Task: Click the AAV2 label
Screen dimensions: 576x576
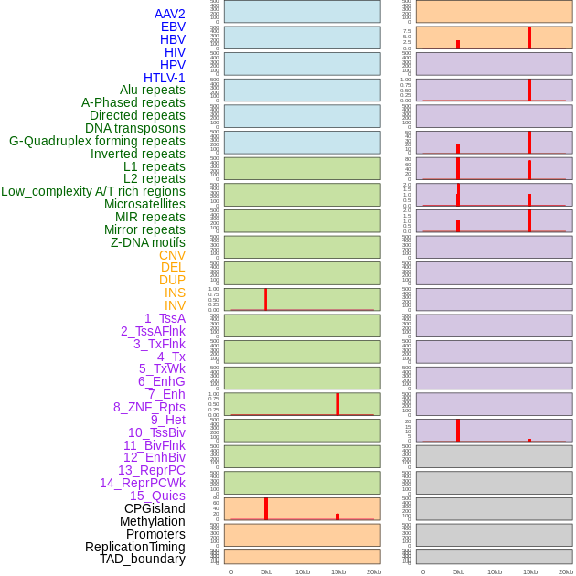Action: tap(169, 14)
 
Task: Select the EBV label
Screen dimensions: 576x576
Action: tap(173, 27)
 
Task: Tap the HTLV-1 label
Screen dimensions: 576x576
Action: tap(164, 78)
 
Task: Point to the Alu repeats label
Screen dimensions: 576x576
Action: tap(153, 90)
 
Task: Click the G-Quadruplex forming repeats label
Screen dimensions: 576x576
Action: tap(97, 141)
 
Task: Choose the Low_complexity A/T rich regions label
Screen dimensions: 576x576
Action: tap(93, 191)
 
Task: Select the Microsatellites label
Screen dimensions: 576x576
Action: tap(144, 204)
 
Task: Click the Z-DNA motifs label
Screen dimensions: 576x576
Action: tap(148, 242)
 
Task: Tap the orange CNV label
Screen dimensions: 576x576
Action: tap(172, 255)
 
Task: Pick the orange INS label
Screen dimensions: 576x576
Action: tap(175, 293)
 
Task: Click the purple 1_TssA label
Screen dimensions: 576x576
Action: tap(165, 318)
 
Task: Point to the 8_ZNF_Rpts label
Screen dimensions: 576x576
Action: tap(149, 407)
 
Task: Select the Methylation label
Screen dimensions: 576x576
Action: tap(152, 521)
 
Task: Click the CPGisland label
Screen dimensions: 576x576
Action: tap(155, 508)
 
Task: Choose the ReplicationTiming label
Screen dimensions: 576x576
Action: tap(135, 547)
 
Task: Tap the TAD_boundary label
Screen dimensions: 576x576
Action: tap(143, 559)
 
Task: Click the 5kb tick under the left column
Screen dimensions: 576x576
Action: tap(266, 571)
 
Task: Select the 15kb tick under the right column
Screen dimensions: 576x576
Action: tap(530, 571)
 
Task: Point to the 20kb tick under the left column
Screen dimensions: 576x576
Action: tap(373, 571)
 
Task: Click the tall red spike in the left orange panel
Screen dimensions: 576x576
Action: tap(265, 508)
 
